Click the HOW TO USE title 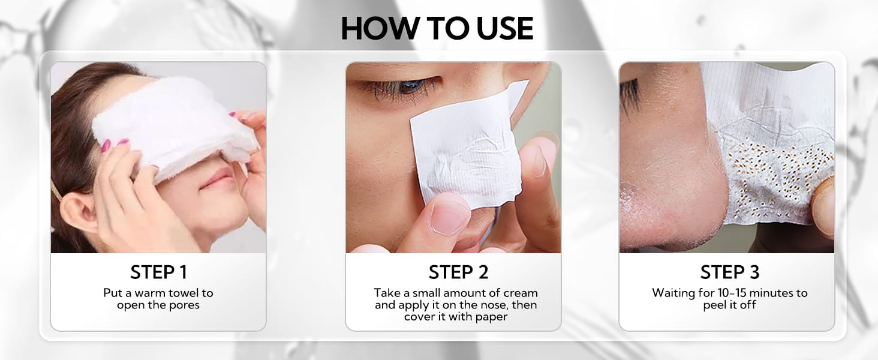437,29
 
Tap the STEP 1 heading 158,272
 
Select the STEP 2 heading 458,272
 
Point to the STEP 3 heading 730,272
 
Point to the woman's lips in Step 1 217,178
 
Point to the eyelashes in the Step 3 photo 629,96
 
